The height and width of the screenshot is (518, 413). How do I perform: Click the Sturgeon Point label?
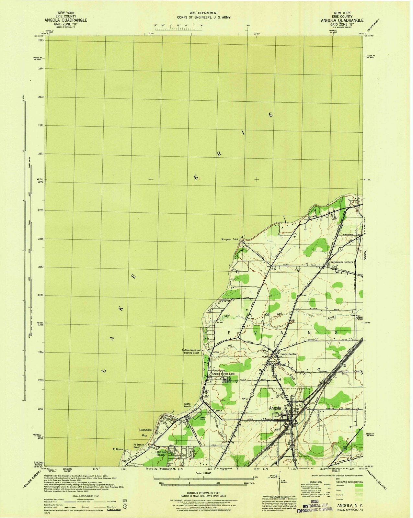pos(229,240)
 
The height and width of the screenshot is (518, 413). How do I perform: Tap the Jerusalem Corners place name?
pos(342,262)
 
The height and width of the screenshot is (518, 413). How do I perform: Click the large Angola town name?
pos(275,408)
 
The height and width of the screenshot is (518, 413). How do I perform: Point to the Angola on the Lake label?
pos(223,374)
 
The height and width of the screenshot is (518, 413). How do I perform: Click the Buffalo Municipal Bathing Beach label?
pos(191,352)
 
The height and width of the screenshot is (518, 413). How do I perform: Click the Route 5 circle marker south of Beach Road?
pos(252,395)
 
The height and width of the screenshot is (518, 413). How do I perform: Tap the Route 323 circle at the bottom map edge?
pos(294,460)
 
